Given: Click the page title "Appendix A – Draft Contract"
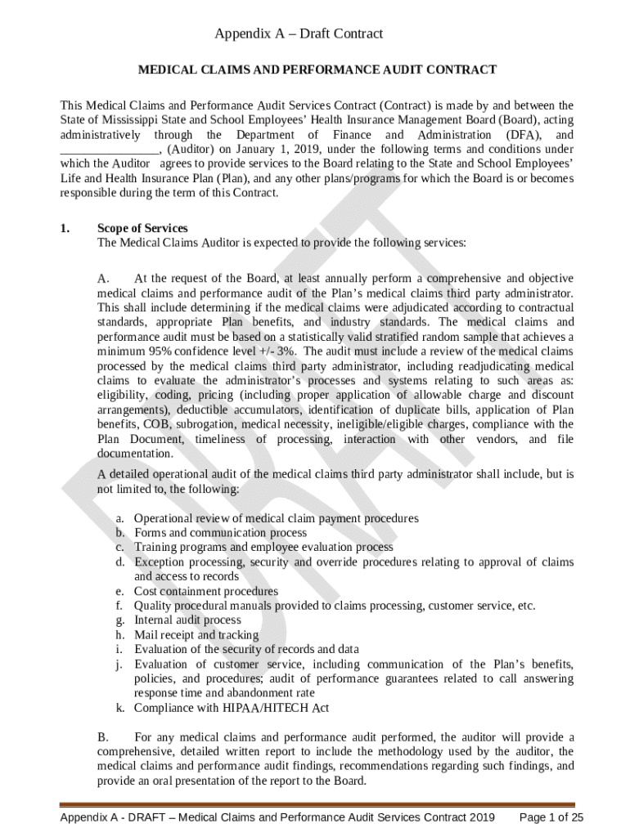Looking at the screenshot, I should point(299,34).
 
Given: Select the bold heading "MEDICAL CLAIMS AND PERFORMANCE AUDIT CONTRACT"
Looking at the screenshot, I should point(316,70).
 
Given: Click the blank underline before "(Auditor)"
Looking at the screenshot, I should point(109,150).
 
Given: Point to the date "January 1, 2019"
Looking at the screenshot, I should point(275,150).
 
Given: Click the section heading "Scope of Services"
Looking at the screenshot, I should point(142,228).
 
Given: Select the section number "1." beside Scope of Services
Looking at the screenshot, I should point(65,228).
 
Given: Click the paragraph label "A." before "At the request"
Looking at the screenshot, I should point(104,278).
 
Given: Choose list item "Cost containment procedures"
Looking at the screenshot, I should point(206,591).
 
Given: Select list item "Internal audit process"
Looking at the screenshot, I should point(188,620).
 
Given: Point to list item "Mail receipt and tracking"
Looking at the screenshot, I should point(196,635).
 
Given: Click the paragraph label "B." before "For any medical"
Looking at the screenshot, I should point(104,738).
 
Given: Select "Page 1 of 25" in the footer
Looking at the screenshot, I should point(552,817).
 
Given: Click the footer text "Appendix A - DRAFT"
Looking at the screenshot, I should point(112,817).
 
